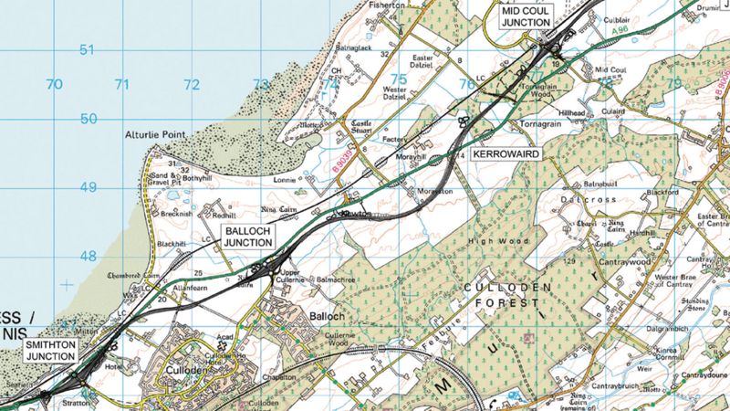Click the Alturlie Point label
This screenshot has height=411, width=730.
pyautogui.click(x=155, y=135)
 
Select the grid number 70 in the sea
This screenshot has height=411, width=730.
pyautogui.click(x=55, y=85)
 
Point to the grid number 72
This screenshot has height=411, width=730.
pyautogui.click(x=191, y=85)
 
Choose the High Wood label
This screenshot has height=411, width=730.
pyautogui.click(x=485, y=241)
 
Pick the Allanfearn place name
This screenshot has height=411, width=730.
pyautogui.click(x=191, y=287)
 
